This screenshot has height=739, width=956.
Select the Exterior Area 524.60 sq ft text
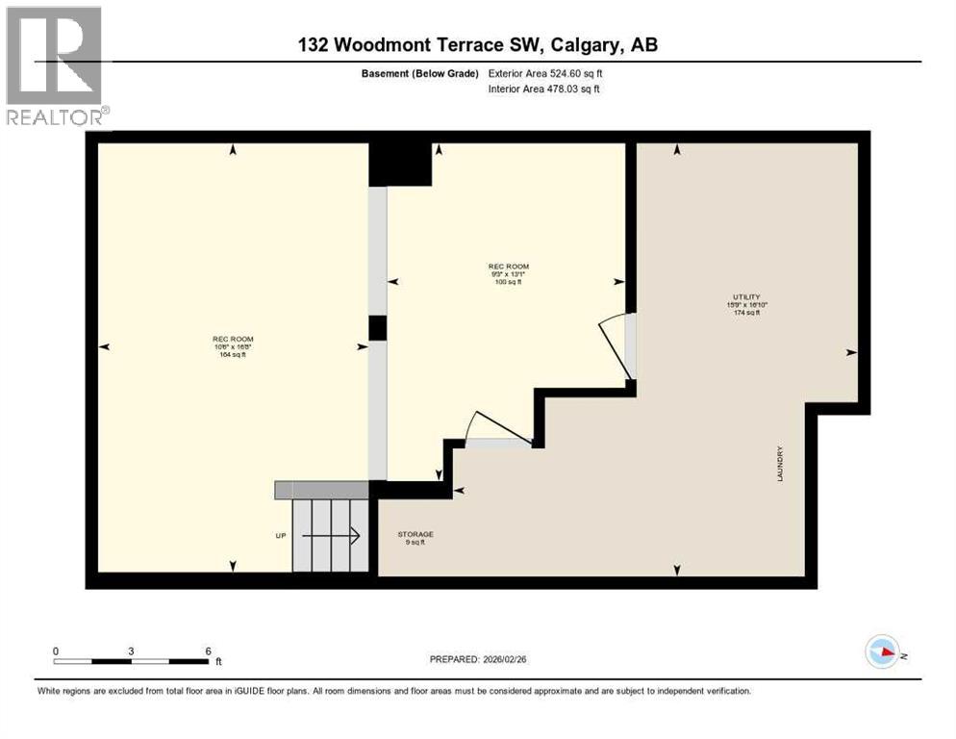[x=545, y=73]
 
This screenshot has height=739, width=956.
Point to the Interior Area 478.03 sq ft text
[x=545, y=89]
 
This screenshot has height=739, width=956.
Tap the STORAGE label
[x=415, y=534]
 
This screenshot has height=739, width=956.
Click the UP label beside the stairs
[x=280, y=535]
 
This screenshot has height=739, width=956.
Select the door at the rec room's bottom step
[x=497, y=430]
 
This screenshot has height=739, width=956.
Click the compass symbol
[x=882, y=651]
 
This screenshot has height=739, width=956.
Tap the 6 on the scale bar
[x=209, y=650]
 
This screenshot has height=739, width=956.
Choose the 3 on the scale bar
[x=131, y=650]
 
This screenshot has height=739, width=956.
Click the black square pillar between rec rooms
[x=378, y=327]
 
